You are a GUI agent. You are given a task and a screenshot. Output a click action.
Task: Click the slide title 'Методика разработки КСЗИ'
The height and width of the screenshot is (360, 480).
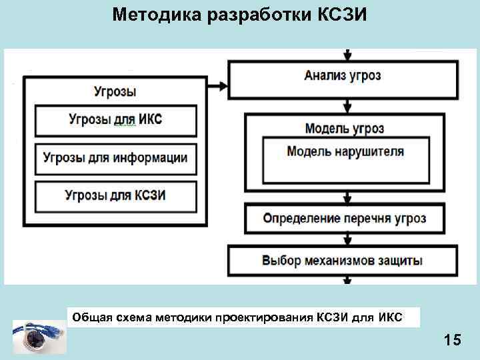pos(240,14)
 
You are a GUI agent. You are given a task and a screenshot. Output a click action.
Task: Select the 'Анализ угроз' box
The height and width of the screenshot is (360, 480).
pos(343,76)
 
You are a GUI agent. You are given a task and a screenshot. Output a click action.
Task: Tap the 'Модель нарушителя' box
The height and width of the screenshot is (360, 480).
pos(345,151)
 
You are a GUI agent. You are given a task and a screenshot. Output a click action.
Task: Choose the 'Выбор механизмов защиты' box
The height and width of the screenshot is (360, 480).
pos(343,260)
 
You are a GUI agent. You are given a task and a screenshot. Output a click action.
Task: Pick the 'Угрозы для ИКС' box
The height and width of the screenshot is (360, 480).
pos(115,120)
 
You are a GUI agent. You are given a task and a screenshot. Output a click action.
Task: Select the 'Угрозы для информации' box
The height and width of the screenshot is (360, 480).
pos(115,159)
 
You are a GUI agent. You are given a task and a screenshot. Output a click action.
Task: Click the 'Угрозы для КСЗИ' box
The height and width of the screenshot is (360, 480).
pos(115,195)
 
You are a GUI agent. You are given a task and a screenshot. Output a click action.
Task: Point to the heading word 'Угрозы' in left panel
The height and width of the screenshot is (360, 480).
pos(115,91)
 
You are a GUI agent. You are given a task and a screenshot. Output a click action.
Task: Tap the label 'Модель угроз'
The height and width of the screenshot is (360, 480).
pos(345,128)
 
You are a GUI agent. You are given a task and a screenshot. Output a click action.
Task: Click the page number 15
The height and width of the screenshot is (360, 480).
pos(452,341)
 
